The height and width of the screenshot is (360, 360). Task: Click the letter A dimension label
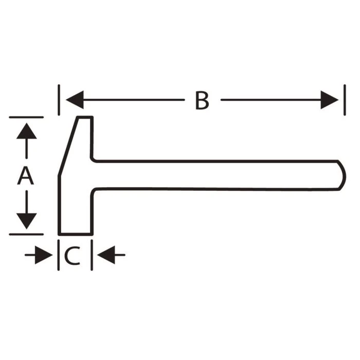tap(26, 176)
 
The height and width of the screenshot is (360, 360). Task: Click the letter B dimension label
tap(202, 100)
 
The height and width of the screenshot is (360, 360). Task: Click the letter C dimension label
tap(73, 255)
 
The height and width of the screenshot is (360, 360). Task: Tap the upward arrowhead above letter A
tap(27, 131)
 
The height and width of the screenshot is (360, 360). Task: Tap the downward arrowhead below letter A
tap(27, 221)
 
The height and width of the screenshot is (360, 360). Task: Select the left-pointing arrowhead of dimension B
tap(75, 100)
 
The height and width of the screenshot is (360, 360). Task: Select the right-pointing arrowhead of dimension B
tap(330, 100)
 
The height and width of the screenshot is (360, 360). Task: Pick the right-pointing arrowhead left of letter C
tap(44, 255)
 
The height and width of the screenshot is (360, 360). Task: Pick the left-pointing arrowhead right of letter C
tap(106, 255)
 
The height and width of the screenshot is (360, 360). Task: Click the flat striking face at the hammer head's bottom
tap(76, 234)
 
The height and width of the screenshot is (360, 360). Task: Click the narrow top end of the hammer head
tap(85, 118)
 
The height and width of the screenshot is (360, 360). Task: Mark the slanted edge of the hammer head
tap(68, 147)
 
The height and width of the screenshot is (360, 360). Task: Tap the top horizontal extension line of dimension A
tap(26, 117)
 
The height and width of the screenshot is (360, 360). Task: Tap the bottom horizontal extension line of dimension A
tap(26, 235)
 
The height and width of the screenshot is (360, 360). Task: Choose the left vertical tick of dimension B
tap(59, 100)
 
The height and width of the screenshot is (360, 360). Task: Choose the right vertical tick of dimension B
tap(345, 100)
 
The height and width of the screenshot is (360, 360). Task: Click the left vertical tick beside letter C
tap(59, 255)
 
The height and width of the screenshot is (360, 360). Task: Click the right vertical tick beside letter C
tap(92, 255)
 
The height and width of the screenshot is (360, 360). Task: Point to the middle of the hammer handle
tap(216, 175)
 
